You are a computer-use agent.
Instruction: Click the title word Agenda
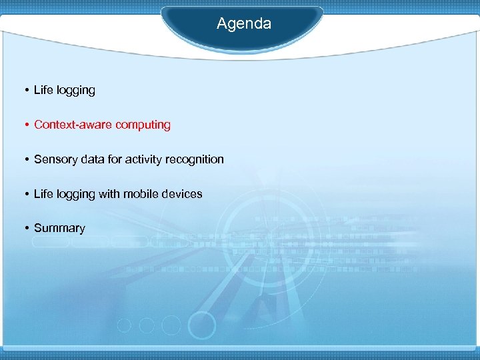(x=244, y=24)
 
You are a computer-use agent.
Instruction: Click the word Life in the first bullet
(x=43, y=90)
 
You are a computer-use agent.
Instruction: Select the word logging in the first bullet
(x=75, y=91)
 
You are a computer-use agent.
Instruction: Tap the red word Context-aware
(x=73, y=125)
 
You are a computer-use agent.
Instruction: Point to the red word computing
(x=143, y=125)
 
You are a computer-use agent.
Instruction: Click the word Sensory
(x=55, y=159)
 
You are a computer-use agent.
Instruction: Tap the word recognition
(x=195, y=160)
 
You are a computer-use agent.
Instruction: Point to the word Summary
(x=59, y=229)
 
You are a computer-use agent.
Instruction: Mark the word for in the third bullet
(x=114, y=159)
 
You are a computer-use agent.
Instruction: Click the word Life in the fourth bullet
(x=43, y=194)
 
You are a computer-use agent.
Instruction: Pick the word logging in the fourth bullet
(x=75, y=195)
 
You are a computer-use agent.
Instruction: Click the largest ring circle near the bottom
(x=201, y=326)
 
